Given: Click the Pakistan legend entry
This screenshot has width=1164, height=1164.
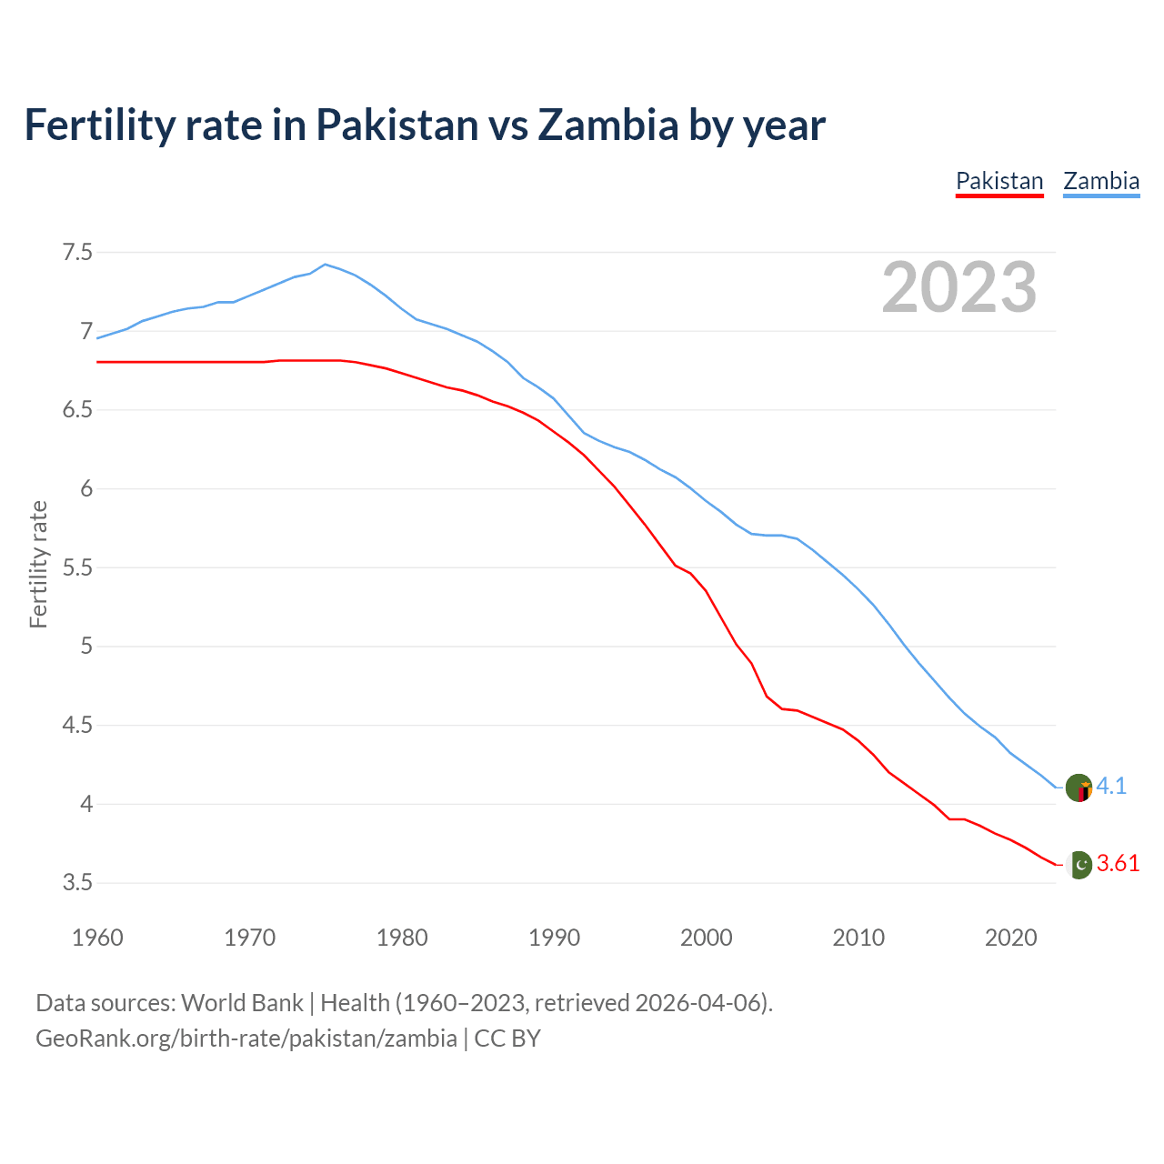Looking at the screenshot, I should click(x=999, y=181).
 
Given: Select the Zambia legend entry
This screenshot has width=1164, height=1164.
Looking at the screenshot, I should click(x=1101, y=181).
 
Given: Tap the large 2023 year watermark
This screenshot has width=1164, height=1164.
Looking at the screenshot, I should click(x=959, y=287).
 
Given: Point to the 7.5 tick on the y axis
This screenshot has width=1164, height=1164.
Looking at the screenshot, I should click(x=77, y=252).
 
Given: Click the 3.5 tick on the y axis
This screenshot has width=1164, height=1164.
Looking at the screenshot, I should click(x=77, y=883).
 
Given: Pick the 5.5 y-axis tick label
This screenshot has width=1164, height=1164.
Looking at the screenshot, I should click(x=77, y=567).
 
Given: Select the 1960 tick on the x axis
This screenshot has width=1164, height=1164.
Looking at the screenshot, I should click(x=97, y=938).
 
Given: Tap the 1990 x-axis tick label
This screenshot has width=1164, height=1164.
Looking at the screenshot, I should click(x=554, y=938).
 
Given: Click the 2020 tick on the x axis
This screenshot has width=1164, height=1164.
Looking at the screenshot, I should click(x=1010, y=938).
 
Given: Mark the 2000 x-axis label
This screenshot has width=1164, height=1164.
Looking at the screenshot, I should click(x=706, y=938).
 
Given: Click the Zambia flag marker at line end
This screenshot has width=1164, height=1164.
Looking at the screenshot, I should click(x=1079, y=788).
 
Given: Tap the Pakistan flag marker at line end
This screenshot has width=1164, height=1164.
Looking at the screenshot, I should click(x=1079, y=864).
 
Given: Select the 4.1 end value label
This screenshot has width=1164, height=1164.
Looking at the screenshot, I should click(x=1111, y=787).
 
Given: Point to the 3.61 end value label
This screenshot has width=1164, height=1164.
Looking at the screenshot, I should click(x=1118, y=864).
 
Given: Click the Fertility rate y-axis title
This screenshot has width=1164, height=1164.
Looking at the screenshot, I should click(x=38, y=564).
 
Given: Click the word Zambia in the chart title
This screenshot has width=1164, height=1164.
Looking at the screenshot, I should click(x=607, y=125).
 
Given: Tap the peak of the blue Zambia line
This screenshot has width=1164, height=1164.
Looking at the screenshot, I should click(x=326, y=264).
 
